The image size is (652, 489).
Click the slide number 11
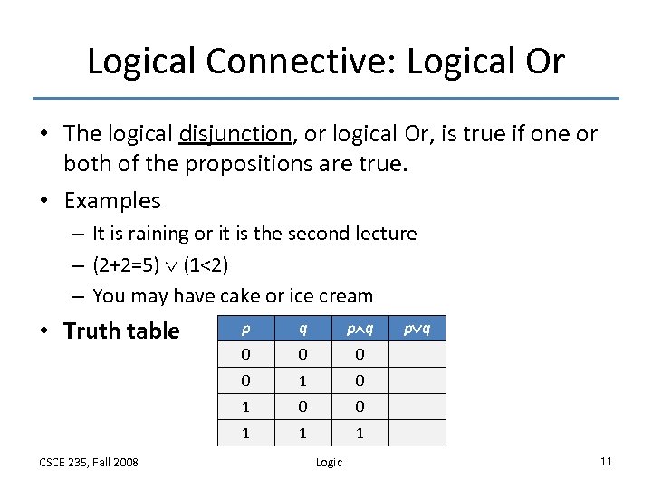pyautogui.click(x=606, y=462)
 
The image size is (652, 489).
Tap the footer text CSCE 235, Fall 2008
pyautogui.click(x=89, y=463)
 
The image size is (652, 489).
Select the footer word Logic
pyautogui.click(x=329, y=463)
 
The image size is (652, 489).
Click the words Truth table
pyautogui.click(x=121, y=331)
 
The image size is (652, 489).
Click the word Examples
pyautogui.click(x=111, y=201)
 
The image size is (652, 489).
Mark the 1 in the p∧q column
pyautogui.click(x=360, y=434)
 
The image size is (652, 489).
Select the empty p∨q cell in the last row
pyautogui.click(x=417, y=434)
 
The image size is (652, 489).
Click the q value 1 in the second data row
pyautogui.click(x=302, y=380)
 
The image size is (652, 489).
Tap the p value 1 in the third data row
pyautogui.click(x=246, y=407)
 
